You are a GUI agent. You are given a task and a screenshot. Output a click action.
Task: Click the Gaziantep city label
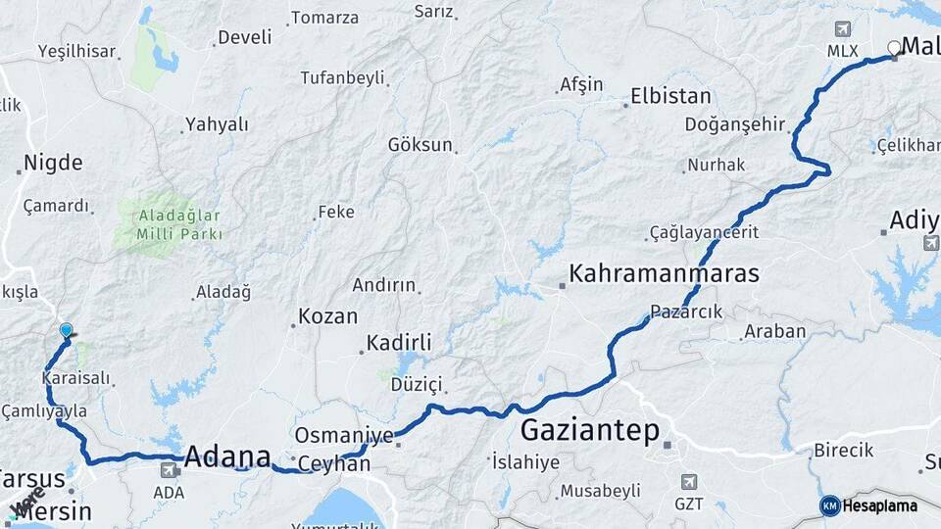589,430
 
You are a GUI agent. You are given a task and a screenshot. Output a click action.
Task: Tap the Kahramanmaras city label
664,273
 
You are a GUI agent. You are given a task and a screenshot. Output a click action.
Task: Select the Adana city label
227,457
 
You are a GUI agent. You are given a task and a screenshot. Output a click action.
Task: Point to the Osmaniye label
344,436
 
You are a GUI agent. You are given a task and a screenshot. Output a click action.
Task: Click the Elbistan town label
670,97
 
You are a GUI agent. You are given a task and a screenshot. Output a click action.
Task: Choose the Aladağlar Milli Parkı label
168,224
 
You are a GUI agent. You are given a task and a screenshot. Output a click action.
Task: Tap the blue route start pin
66,331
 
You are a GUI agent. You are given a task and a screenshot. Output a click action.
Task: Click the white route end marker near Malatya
894,47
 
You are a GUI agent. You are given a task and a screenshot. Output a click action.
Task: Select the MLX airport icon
842,29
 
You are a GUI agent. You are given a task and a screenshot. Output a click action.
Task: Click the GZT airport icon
689,482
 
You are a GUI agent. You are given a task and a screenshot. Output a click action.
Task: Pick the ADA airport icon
169,471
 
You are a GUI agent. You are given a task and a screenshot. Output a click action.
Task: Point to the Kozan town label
327,316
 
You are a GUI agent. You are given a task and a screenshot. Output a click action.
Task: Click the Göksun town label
421,145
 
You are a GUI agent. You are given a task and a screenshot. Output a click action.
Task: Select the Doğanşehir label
735,123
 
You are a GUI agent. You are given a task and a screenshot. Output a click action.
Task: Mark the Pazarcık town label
686,312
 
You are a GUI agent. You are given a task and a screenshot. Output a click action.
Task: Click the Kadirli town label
399,343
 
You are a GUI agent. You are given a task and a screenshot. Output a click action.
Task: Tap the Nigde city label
53,163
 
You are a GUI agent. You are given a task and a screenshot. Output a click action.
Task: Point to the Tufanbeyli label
342,77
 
